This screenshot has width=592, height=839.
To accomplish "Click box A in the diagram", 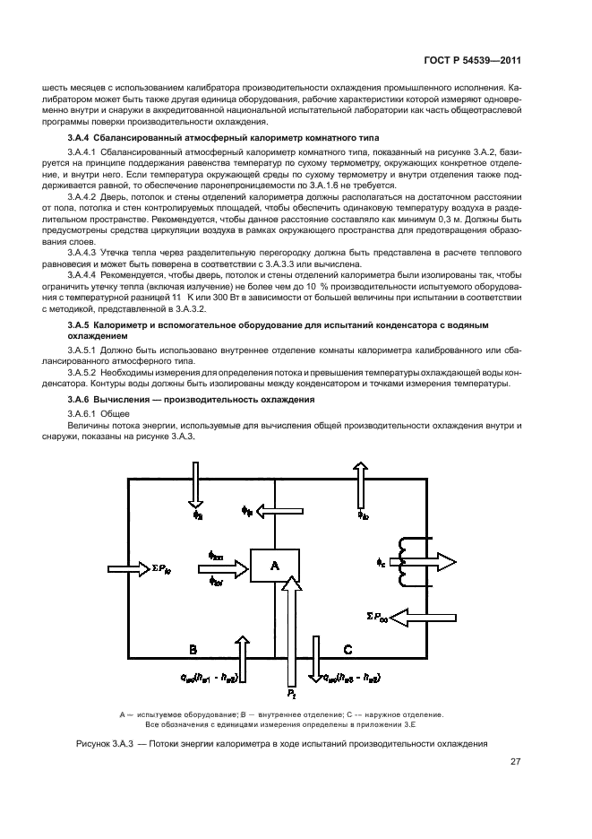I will coord(274,565).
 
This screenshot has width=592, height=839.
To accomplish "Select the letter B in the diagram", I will coord(192,648).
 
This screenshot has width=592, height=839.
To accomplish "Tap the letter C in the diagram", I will coord(347,648).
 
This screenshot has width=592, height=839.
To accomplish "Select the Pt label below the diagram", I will coord(291,695).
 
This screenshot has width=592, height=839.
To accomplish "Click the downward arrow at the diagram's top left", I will coord(196,484).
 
